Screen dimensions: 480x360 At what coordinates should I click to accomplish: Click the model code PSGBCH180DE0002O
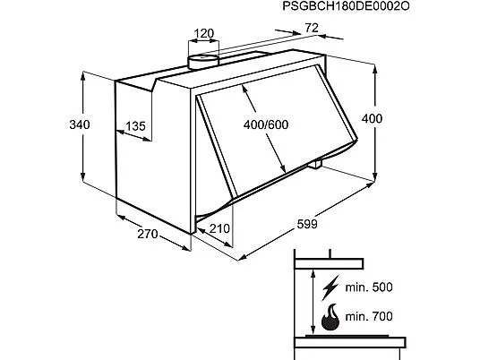click(x=346, y=6)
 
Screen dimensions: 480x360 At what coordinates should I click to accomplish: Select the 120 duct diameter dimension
click(x=204, y=33)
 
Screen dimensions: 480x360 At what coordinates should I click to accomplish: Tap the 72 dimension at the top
click(x=312, y=28)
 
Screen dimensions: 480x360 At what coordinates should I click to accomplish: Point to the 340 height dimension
click(x=80, y=124)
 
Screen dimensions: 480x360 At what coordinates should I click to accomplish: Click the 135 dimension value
click(x=135, y=125)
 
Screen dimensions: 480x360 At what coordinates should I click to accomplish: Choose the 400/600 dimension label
click(x=266, y=124)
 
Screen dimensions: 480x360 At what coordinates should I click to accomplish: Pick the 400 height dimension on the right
click(x=372, y=118)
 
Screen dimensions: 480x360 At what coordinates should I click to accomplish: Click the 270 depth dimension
click(x=148, y=234)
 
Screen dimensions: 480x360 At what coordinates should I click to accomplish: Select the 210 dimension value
click(x=219, y=228)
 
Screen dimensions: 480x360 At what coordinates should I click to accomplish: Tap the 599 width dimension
click(x=307, y=224)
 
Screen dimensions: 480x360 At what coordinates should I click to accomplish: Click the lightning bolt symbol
click(x=330, y=287)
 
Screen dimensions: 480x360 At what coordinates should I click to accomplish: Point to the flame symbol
click(x=330, y=317)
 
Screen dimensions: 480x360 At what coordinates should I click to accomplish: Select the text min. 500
click(x=369, y=287)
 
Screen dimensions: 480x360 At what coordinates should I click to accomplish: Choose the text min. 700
click(x=369, y=316)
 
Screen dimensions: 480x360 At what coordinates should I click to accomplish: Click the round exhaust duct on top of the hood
click(x=203, y=62)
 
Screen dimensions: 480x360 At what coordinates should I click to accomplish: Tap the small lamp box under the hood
click(x=315, y=165)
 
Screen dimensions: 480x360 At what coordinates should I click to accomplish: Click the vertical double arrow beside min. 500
click(x=313, y=303)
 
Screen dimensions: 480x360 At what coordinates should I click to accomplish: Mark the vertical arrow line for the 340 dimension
click(x=83, y=127)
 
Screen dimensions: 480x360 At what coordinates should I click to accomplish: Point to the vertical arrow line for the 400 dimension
click(x=374, y=123)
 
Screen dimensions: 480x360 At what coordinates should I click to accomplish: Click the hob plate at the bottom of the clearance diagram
click(x=350, y=342)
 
